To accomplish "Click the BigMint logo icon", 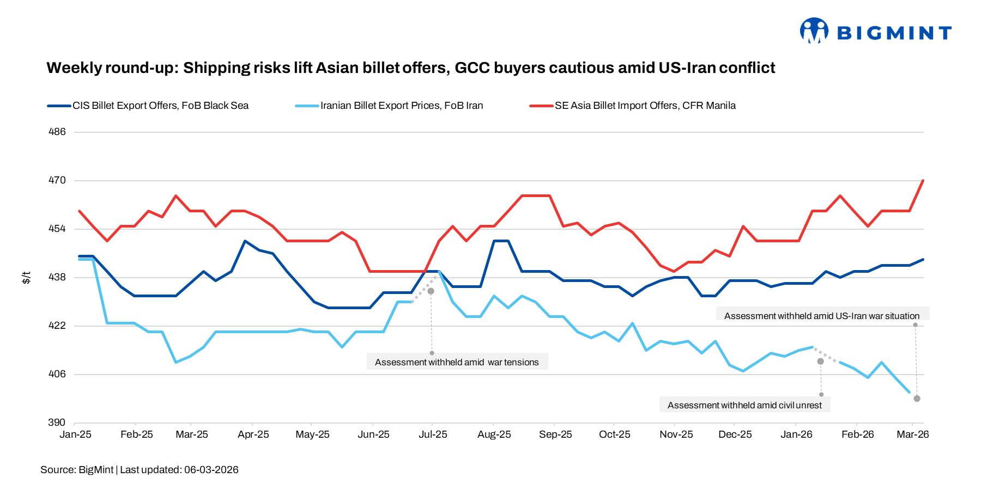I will click(813, 30).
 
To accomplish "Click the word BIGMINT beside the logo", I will click(894, 33).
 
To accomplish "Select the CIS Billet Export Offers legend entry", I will click(160, 106).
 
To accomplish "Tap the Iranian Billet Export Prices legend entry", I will click(401, 106).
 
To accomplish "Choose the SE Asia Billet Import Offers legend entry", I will click(645, 106).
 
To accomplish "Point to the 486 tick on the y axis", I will click(57, 132).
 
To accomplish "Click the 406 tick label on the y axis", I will click(57, 374).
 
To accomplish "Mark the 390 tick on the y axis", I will click(57, 422).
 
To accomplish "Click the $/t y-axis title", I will click(26, 278).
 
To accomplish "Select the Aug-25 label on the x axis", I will click(494, 434).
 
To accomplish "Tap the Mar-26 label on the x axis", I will click(913, 434).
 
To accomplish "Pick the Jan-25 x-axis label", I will click(75, 434).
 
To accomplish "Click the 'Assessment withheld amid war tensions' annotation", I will click(457, 362).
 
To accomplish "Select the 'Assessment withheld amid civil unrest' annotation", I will click(744, 405).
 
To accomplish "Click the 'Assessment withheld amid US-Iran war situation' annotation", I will click(822, 316).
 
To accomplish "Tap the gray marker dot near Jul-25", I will click(431, 291).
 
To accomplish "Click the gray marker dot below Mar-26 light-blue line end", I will click(917, 399).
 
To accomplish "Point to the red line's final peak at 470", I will click(923, 181).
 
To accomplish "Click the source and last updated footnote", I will click(140, 470).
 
